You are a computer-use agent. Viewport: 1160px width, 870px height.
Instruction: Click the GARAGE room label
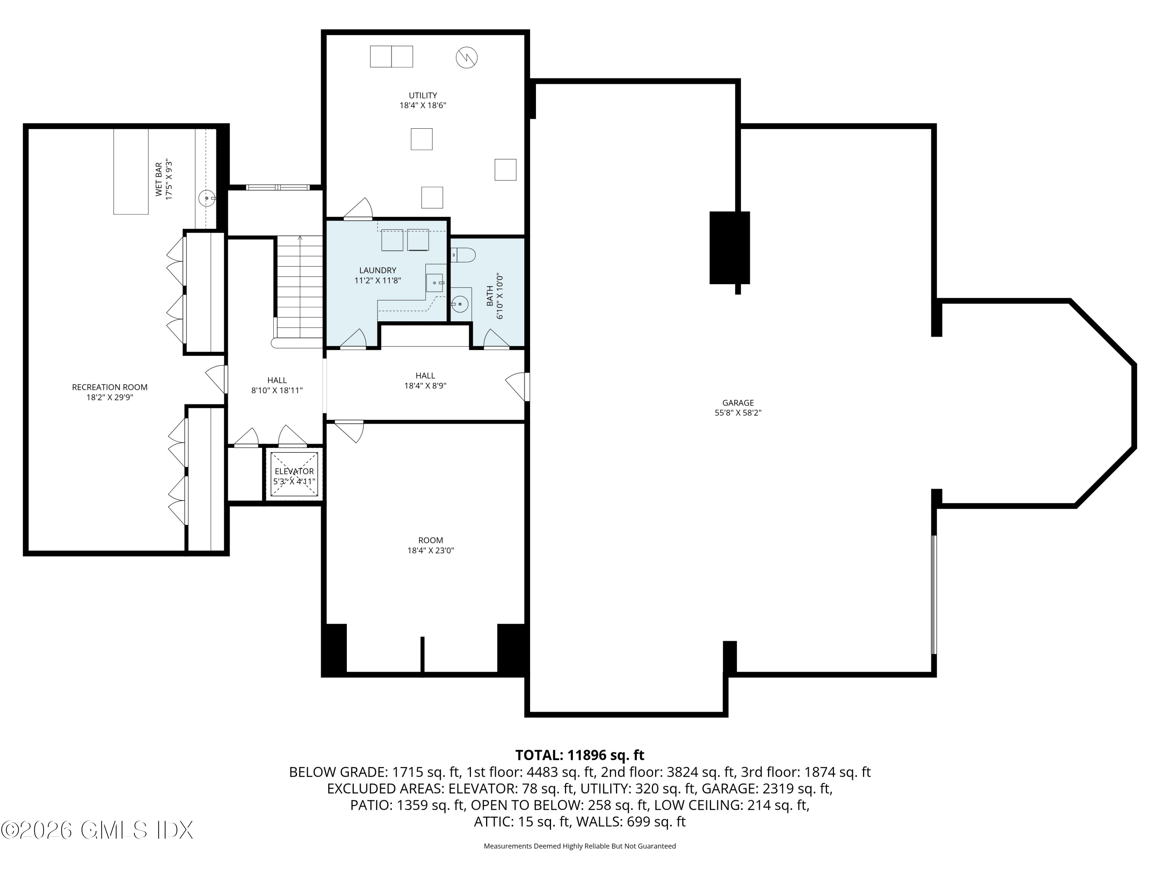click(x=737, y=403)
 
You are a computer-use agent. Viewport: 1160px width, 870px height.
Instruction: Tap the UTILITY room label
click(x=423, y=96)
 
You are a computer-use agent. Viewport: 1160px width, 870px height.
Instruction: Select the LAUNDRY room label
click(x=377, y=271)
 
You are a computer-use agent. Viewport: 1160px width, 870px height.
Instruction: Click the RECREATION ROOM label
click(x=109, y=387)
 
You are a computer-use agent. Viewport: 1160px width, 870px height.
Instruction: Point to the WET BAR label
click(x=159, y=179)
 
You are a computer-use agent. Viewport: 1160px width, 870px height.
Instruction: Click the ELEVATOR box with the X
click(x=294, y=474)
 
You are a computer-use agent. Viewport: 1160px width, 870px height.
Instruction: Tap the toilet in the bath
click(x=463, y=255)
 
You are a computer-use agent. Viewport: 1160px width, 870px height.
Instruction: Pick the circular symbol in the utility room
click(x=466, y=57)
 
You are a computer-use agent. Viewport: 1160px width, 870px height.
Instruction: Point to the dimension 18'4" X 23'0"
click(x=430, y=551)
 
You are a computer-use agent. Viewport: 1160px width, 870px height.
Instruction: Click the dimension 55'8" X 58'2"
click(x=737, y=413)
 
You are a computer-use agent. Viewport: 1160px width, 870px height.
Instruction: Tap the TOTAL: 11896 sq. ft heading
click(x=580, y=755)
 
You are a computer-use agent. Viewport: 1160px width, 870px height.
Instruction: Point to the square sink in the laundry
click(x=434, y=283)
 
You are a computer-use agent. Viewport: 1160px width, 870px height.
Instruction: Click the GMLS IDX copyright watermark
click(x=97, y=830)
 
